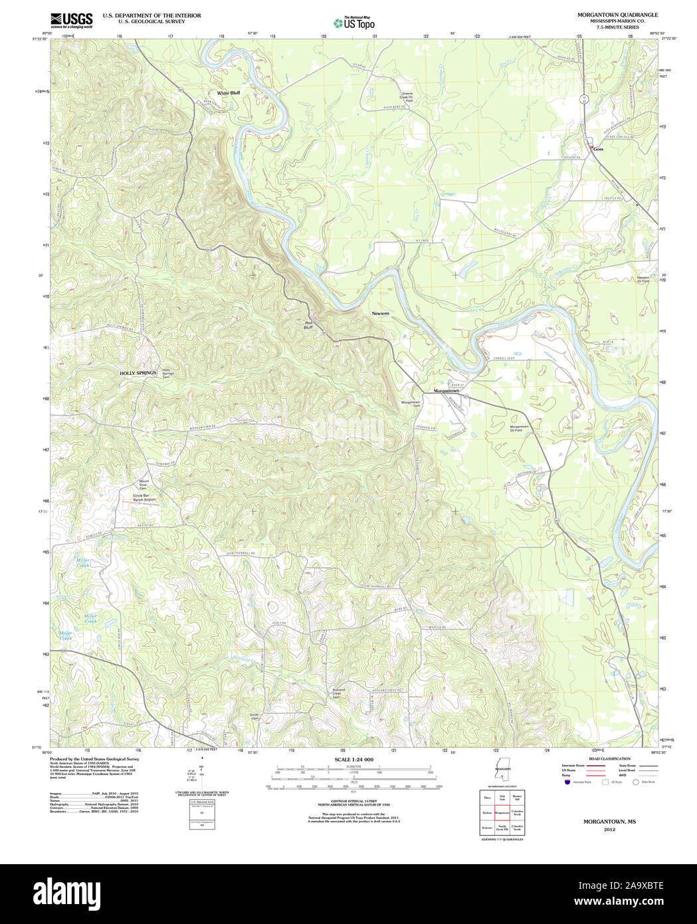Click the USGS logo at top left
point(72,19)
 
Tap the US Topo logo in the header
point(354,23)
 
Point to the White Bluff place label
point(228,93)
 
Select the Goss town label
point(599,149)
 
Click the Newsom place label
point(380,313)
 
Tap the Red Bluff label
point(308,325)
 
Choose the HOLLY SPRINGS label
point(138,374)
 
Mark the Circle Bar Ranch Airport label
point(144,497)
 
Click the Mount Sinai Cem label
point(143,484)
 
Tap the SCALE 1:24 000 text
point(353,759)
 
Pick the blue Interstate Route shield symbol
point(566,782)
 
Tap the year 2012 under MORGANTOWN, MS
point(609,830)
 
